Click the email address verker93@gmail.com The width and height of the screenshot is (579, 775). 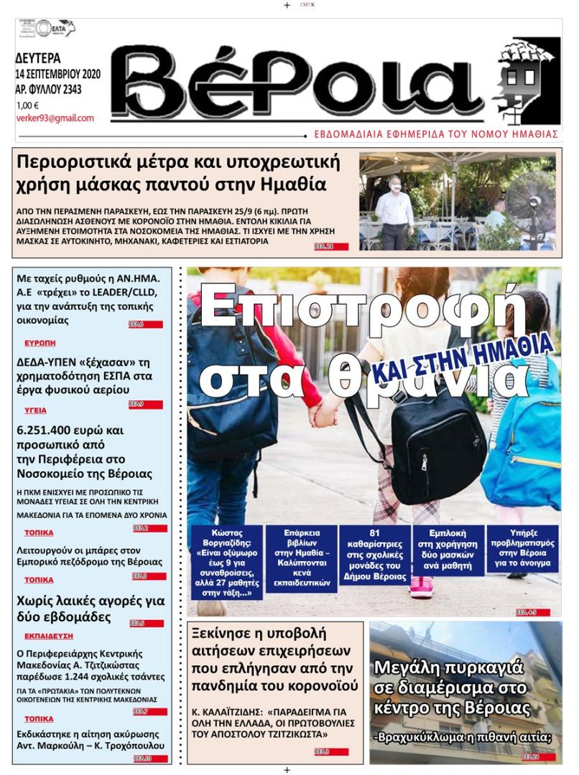click(55, 118)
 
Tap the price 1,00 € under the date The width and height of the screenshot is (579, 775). click(28, 105)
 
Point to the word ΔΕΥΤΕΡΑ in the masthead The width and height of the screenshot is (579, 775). click(38, 58)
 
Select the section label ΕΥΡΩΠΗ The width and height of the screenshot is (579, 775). click(40, 343)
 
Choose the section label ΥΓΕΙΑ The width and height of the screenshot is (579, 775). click(35, 410)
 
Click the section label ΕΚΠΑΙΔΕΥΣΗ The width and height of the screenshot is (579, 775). click(49, 636)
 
